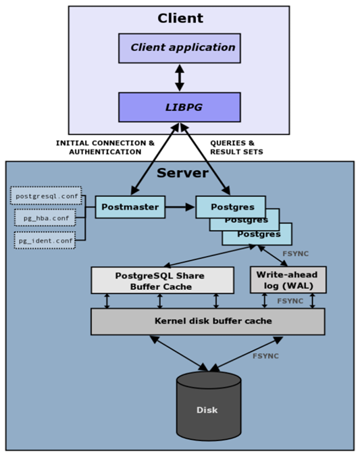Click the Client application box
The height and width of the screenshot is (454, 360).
click(x=180, y=48)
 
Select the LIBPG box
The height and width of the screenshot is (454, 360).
click(x=180, y=107)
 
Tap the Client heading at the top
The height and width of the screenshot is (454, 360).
click(x=180, y=18)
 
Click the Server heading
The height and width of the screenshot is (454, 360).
click(x=182, y=173)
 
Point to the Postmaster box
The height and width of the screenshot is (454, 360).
click(x=130, y=207)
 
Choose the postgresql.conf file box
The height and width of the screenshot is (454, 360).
click(x=46, y=196)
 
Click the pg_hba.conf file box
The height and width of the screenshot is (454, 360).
click(x=45, y=218)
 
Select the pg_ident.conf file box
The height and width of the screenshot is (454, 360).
click(x=45, y=241)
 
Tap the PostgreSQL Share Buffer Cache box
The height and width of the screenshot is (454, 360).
click(x=162, y=280)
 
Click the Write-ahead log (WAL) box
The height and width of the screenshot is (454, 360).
click(x=288, y=280)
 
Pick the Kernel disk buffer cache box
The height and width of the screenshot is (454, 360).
click(x=208, y=322)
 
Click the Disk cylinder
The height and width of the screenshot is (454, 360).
click(x=209, y=406)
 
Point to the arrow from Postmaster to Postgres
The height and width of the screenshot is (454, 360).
click(x=180, y=207)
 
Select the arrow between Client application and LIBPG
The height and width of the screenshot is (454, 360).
click(x=180, y=78)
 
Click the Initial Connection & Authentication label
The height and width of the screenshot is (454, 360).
click(x=105, y=147)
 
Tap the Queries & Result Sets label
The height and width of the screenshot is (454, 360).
click(x=236, y=147)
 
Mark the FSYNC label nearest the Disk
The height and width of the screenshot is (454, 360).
click(x=265, y=356)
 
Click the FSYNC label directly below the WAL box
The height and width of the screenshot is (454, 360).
click(x=290, y=301)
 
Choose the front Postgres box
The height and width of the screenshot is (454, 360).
click(x=230, y=207)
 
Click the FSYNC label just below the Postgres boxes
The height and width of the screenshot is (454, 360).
click(x=295, y=253)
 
